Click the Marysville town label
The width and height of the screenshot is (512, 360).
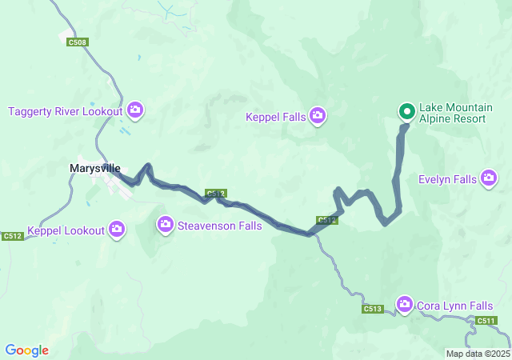95,169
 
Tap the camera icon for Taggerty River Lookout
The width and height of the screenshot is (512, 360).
135,110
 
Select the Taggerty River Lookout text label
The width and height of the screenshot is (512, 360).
66,110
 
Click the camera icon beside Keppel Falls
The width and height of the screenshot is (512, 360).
318,117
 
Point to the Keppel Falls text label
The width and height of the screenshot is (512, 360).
276,118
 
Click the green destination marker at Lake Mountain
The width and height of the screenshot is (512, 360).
406,112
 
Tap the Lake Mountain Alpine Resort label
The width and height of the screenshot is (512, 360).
452,113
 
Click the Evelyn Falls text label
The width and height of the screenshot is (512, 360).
447,179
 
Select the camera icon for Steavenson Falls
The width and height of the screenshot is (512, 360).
166,225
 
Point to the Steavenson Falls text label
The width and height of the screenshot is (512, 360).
219,226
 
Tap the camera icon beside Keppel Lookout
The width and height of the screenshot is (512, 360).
117,230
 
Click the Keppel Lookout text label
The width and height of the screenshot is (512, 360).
66,231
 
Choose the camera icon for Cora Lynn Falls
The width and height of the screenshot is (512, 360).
404,305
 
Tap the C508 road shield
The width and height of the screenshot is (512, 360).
77,42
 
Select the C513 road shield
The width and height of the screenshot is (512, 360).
372,309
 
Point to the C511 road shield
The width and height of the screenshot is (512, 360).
486,321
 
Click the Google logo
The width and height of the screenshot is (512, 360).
26,350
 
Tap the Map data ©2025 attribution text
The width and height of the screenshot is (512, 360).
478,354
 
